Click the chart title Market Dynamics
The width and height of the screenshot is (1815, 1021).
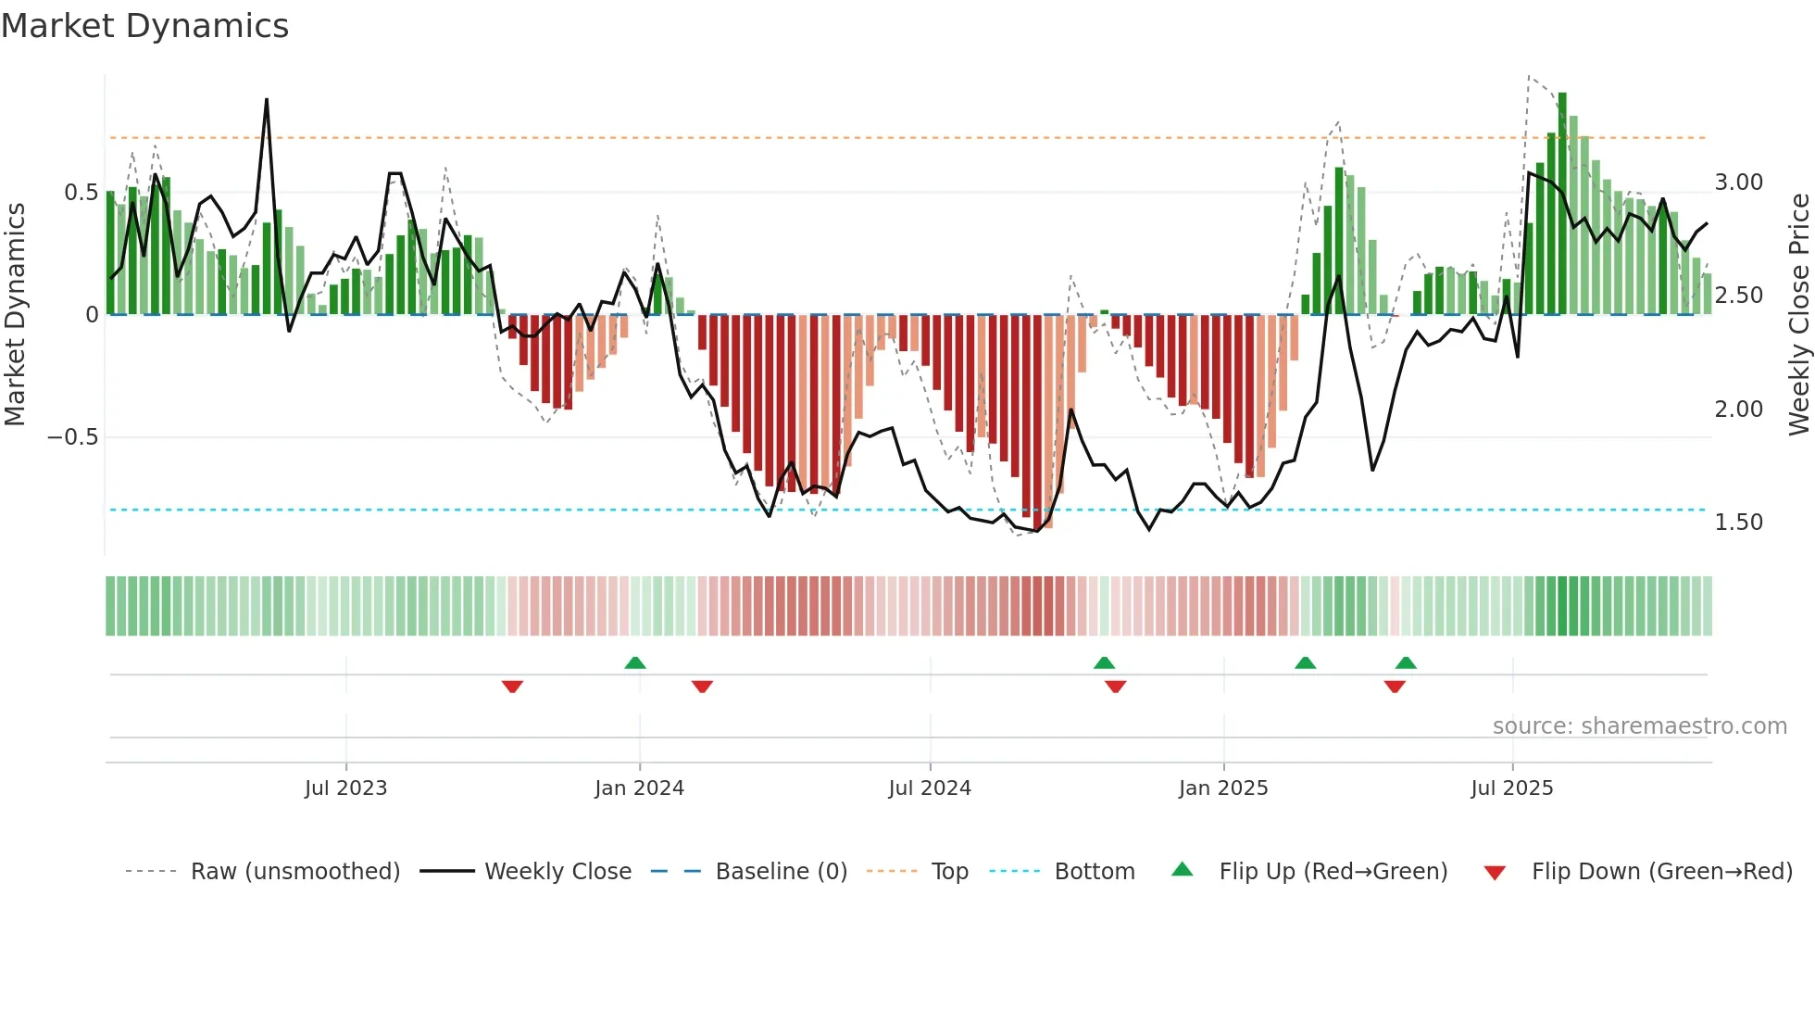pos(144,26)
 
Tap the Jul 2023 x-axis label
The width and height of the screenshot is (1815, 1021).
pos(345,788)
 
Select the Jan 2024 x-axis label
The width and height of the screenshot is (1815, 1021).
pos(639,788)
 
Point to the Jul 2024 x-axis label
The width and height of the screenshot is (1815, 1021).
pos(930,788)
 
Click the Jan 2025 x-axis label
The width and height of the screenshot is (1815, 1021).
pos(1223,788)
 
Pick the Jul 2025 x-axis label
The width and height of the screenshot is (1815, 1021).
pos(1512,788)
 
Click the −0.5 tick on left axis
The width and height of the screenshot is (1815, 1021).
pos(73,437)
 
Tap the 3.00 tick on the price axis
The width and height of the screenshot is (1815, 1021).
pos(1738,183)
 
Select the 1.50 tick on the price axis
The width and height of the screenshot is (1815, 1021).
pos(1738,523)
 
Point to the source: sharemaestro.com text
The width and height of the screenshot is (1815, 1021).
pos(1639,726)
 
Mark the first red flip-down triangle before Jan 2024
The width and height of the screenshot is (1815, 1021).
pos(512,687)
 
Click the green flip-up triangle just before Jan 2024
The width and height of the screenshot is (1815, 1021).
pos(634,662)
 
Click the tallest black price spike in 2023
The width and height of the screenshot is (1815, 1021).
pos(267,100)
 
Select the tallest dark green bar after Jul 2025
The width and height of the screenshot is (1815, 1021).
pos(1562,204)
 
